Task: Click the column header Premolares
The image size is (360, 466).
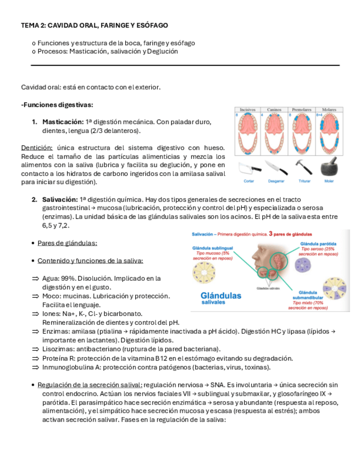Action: [302, 110]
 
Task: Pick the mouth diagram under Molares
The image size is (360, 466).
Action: [329, 135]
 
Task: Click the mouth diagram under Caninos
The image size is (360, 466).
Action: [275, 135]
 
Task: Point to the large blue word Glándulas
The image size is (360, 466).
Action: [220, 296]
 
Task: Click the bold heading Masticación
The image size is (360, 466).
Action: [63, 121]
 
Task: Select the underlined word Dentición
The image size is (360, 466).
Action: [37, 148]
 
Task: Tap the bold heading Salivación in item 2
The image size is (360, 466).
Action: [60, 199]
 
